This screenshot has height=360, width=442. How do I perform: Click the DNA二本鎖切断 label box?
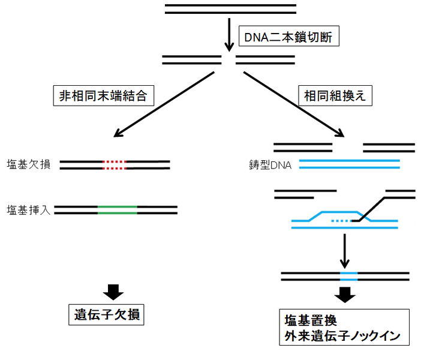click(289, 38)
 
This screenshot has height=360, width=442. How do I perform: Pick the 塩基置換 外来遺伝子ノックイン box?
click(344, 328)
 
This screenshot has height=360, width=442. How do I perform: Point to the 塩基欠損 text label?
click(29, 164)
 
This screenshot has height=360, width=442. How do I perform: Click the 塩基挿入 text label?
click(29, 210)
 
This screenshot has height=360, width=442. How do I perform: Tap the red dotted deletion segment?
click(114, 164)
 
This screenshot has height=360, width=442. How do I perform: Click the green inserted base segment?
click(118, 210)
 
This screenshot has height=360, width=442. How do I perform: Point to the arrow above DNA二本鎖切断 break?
click(228, 36)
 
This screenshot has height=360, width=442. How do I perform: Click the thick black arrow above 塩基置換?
click(344, 295)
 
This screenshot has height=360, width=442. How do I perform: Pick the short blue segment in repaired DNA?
click(349, 277)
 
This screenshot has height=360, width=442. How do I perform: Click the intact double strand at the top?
click(231, 9)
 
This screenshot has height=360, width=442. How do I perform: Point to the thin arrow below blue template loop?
click(344, 251)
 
